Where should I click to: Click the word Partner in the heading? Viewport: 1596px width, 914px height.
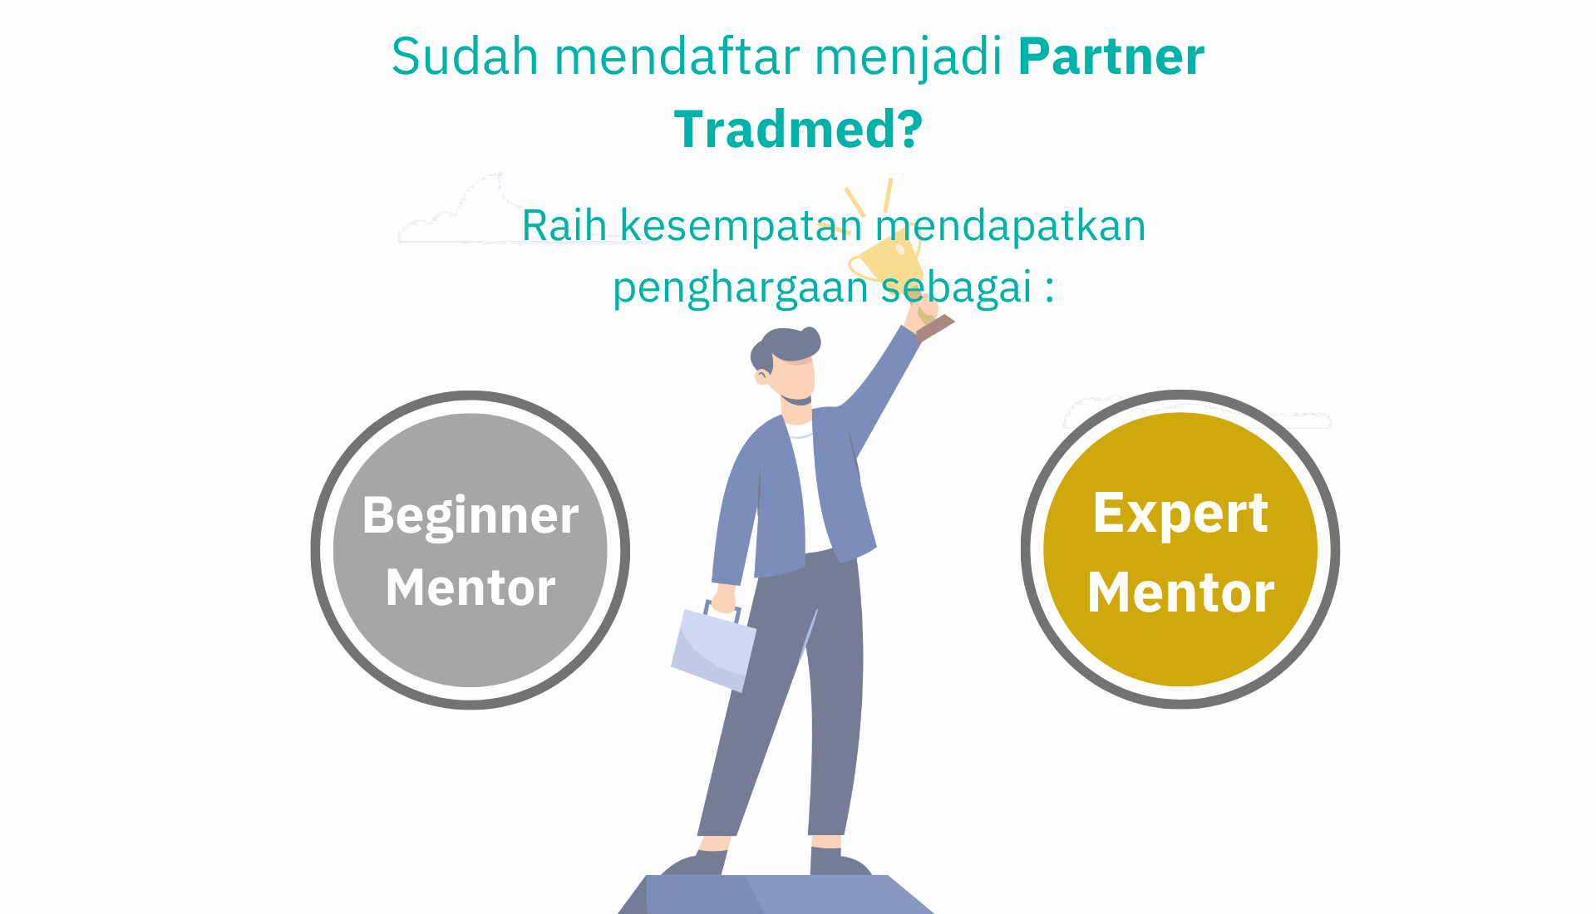[x=1111, y=57]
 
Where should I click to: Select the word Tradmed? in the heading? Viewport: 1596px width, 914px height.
[x=798, y=130]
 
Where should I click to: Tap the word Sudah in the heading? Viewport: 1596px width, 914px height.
[x=465, y=57]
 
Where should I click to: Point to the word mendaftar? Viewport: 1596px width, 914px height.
[x=677, y=57]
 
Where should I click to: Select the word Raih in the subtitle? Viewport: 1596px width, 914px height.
[x=564, y=225]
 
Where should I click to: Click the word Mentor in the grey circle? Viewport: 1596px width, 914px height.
[x=470, y=587]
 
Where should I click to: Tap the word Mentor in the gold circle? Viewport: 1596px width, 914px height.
[x=1180, y=592]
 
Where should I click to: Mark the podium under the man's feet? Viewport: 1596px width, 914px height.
[x=776, y=894]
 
